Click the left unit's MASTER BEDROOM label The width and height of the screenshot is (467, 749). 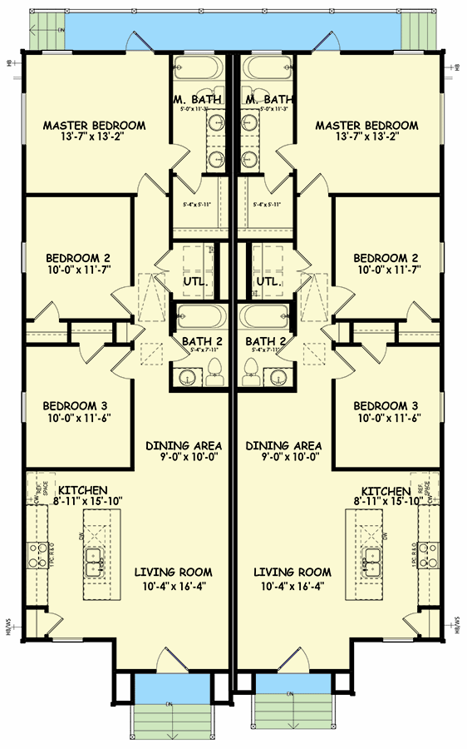tap(94, 126)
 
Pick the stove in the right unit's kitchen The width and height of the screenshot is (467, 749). tap(429, 550)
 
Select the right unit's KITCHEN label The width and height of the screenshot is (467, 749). tap(386, 492)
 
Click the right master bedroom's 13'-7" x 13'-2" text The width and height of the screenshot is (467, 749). tap(366, 138)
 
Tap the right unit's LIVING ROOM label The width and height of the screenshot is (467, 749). tap(292, 573)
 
